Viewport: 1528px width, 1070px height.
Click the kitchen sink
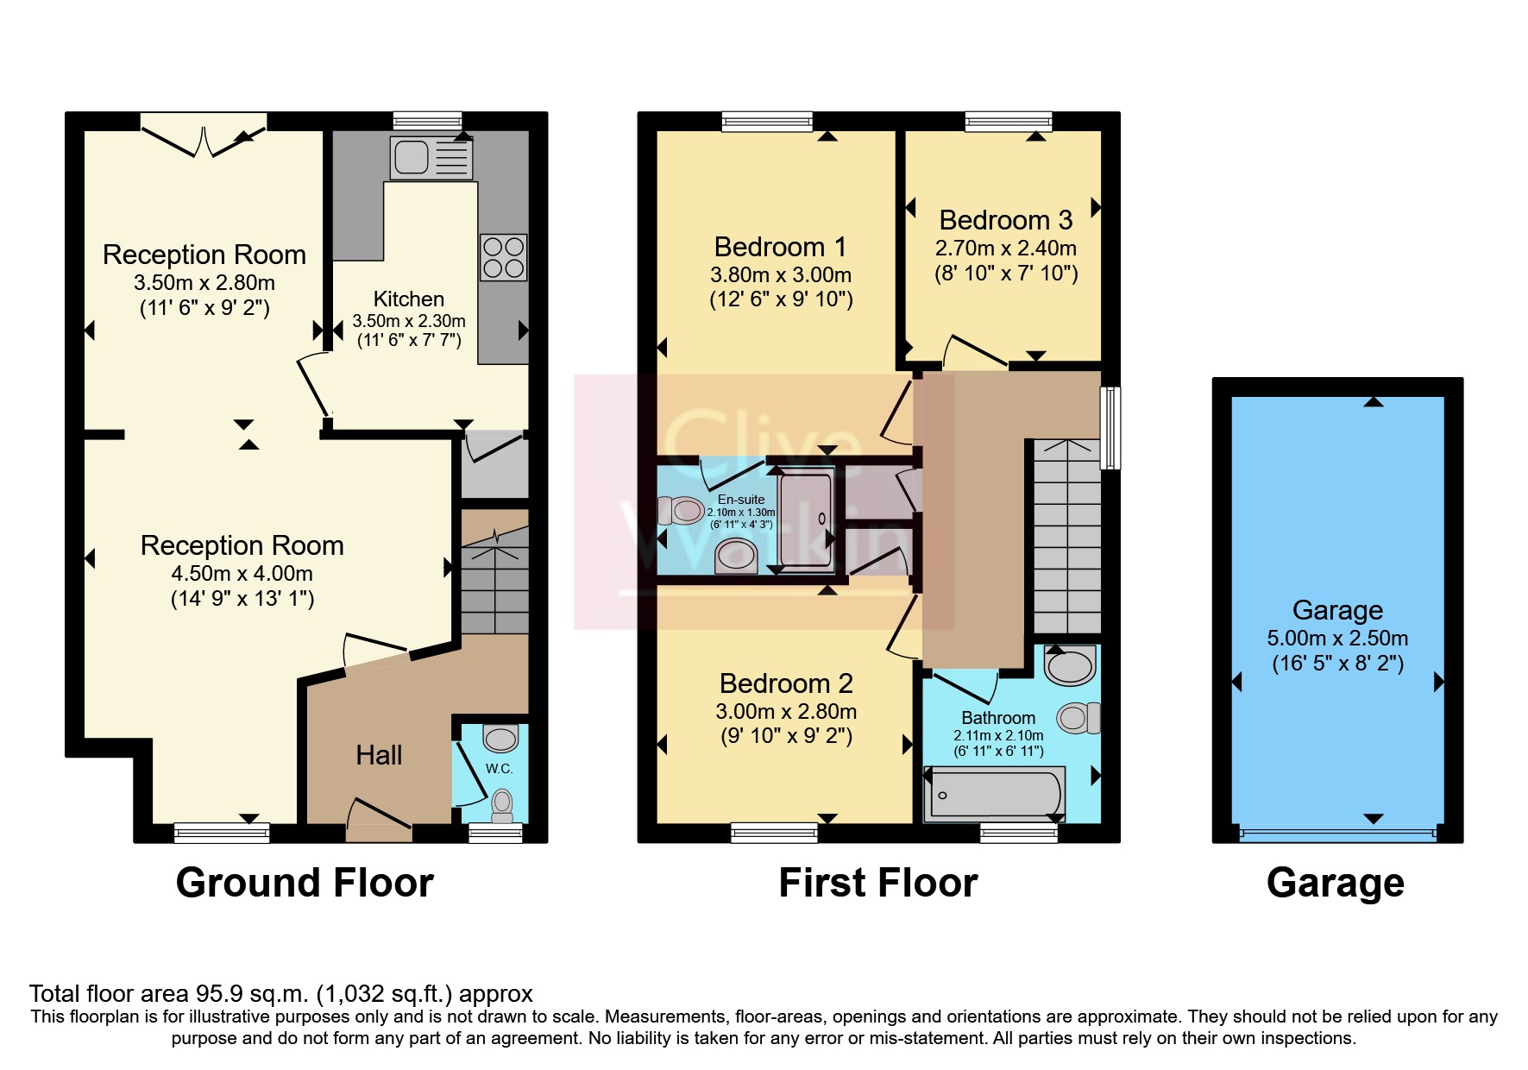(x=412, y=157)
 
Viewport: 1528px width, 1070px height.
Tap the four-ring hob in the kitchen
(x=503, y=257)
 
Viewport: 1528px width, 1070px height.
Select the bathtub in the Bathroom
(x=994, y=794)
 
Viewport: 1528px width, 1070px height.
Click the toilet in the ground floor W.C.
(x=501, y=804)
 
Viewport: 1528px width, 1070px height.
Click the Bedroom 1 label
(x=780, y=248)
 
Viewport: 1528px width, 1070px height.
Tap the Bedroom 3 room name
(x=1005, y=221)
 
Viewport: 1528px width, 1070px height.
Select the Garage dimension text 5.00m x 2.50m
(x=1336, y=639)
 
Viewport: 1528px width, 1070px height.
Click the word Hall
(x=379, y=756)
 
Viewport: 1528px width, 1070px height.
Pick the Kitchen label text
(x=408, y=299)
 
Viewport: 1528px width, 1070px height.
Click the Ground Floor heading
(x=305, y=884)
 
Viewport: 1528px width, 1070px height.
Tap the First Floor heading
(x=877, y=884)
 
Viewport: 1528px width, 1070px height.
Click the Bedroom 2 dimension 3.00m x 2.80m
(x=785, y=712)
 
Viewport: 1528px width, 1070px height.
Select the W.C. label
(x=499, y=768)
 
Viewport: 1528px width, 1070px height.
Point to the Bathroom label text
(x=998, y=718)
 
